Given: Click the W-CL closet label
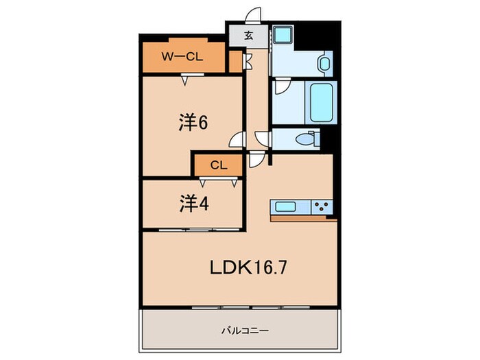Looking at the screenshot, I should coord(181,57).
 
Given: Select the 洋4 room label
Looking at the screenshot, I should coord(194,204).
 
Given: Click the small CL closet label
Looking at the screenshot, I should coord(218,165).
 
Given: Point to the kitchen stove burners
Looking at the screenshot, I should coord(322,206).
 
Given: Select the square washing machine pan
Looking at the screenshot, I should coord(283,38).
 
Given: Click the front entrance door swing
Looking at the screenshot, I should coord(254,16).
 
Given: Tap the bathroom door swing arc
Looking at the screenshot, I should coord(280,89).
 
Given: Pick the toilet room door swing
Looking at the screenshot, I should coord(265,139).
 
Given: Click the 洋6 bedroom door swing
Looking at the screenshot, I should coord(237,140).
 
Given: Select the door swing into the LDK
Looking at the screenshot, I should coord(255,160).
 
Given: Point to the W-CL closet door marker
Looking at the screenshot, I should coord(185,81).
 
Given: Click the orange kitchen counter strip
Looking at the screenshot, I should coord(303,219).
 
